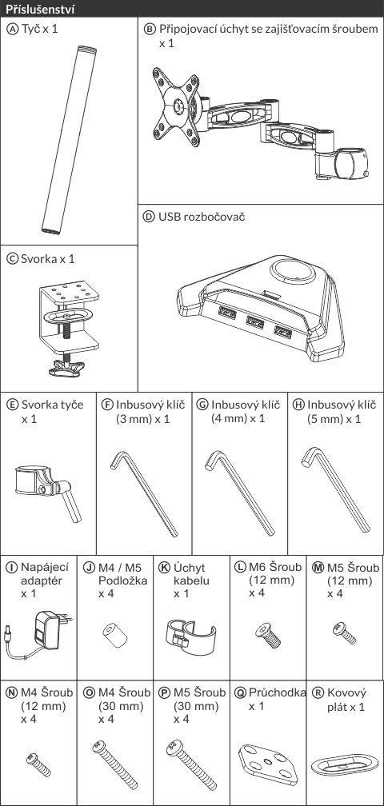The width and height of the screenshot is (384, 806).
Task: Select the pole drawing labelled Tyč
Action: tap(69, 140)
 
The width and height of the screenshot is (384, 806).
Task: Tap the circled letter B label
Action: tap(149, 29)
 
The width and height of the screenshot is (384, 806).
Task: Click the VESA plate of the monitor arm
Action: tap(176, 107)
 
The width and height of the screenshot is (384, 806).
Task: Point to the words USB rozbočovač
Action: tap(202, 217)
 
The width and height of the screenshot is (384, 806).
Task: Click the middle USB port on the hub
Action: tap(254, 322)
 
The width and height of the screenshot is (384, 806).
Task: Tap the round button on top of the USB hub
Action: tap(293, 270)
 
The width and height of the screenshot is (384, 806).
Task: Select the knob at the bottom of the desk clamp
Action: tap(67, 367)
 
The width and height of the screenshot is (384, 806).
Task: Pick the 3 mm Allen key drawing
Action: tap(145, 493)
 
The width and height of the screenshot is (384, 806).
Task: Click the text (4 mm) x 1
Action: tap(238, 418)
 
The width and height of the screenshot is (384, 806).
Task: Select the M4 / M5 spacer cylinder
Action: tap(115, 636)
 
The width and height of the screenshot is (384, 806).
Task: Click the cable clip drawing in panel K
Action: tap(190, 637)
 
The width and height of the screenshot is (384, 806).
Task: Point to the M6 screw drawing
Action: tap(268, 635)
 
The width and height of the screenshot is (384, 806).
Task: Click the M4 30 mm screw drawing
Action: tap(115, 764)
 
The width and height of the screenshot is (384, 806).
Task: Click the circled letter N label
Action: tap(11, 693)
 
